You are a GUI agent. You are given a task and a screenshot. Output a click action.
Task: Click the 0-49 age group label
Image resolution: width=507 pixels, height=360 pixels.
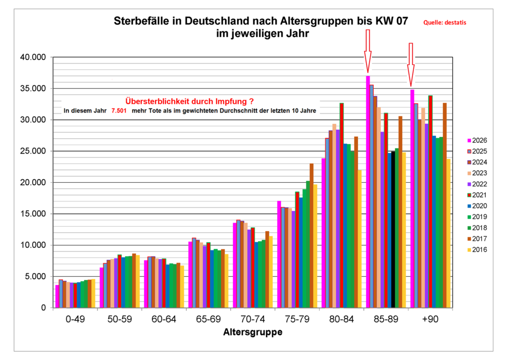pyautogui.click(x=76, y=319)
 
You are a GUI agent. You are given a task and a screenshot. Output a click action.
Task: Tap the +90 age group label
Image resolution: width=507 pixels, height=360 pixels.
pyautogui.click(x=429, y=319)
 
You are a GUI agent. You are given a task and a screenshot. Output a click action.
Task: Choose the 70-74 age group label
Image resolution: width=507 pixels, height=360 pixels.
pyautogui.click(x=253, y=319)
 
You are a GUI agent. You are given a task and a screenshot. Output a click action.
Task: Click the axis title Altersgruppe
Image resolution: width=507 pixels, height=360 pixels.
pyautogui.click(x=253, y=332)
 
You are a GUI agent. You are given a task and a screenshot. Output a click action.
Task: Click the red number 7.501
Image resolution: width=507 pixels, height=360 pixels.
pyautogui.click(x=119, y=111)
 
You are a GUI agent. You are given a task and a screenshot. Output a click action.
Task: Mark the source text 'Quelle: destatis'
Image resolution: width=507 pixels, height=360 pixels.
pyautogui.click(x=445, y=22)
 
